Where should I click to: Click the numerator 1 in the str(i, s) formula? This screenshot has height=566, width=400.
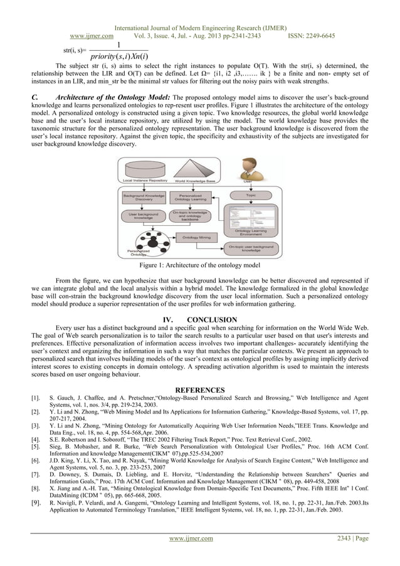click(x=118, y=45)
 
